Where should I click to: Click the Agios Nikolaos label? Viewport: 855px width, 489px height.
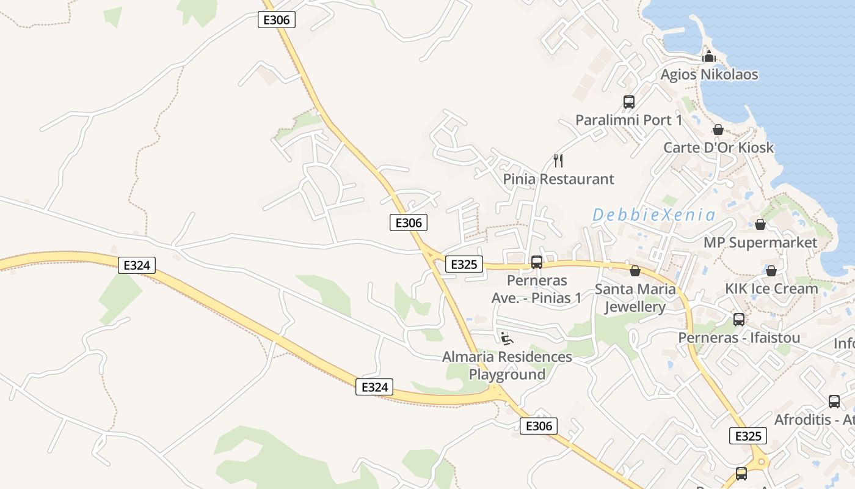709,75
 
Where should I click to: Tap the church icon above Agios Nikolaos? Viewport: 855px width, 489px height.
709,56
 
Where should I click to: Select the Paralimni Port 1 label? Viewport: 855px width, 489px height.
628,120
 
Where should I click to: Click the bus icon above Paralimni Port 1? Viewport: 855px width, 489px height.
628,102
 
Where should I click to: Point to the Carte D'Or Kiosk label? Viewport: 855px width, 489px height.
718,147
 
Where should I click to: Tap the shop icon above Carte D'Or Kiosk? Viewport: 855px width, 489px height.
718,130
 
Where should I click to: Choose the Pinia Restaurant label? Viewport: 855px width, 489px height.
558,179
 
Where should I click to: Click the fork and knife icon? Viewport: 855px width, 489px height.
558,161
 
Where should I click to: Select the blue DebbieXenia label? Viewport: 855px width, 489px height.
653,215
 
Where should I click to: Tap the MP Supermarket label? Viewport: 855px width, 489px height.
760,242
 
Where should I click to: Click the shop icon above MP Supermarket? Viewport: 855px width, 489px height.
760,224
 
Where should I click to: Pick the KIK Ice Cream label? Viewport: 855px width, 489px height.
771,289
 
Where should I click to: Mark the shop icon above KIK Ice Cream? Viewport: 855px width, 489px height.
771,271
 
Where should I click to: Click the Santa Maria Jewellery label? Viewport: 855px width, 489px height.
635,298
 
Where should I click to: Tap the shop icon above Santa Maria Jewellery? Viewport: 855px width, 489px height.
635,271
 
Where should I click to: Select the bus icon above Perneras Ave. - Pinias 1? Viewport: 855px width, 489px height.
536,262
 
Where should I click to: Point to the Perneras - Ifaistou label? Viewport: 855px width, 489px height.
739,337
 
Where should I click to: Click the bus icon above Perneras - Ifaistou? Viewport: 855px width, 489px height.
739,319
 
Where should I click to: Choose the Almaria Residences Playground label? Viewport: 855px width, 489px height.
507,366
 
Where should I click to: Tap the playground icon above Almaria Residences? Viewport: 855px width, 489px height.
506,338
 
